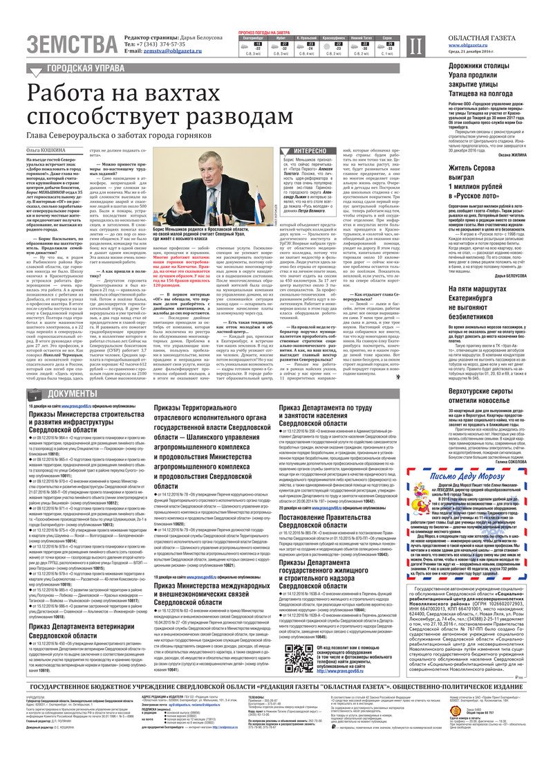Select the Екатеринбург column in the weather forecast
pos(252,42)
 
